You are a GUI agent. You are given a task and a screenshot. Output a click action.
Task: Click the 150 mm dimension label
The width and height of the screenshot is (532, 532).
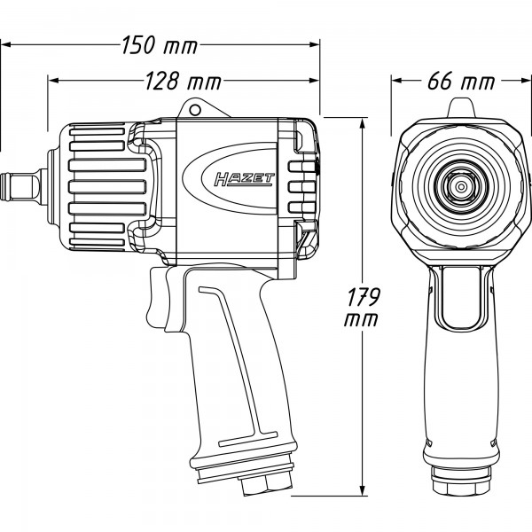pos(159,45)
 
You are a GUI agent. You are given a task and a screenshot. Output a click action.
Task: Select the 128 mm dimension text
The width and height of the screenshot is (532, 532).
pos(183,82)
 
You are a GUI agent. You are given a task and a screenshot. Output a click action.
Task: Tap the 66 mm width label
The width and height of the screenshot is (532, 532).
pos(461,82)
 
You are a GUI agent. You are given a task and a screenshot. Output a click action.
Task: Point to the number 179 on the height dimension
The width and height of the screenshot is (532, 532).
pos(364,297)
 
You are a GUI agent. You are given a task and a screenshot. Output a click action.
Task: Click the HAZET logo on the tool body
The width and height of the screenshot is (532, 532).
pos(245,179)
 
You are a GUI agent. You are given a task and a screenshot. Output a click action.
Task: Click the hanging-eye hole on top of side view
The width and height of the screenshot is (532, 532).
pos(195,110)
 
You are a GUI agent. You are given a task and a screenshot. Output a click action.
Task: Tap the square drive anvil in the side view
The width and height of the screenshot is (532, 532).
pos(23,187)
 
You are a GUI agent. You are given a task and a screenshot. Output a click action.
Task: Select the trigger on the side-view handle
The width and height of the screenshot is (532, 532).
pos(158,298)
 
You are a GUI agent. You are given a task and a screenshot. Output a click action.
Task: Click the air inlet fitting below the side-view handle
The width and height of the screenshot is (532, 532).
pos(268,483)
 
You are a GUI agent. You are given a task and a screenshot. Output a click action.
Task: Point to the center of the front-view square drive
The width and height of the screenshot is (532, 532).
pos(460,186)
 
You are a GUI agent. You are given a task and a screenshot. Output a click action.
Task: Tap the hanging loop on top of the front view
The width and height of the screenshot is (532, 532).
pos(460,107)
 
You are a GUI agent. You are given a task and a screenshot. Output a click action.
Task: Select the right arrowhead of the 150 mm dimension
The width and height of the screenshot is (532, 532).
pos(314,44)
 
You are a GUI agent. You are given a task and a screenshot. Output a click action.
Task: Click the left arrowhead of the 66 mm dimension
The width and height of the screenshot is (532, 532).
pos(397,81)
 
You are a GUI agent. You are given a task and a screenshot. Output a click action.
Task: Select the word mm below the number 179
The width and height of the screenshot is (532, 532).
pos(362,320)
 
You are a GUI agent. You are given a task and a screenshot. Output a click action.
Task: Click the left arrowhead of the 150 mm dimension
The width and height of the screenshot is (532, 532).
pos(7,44)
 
